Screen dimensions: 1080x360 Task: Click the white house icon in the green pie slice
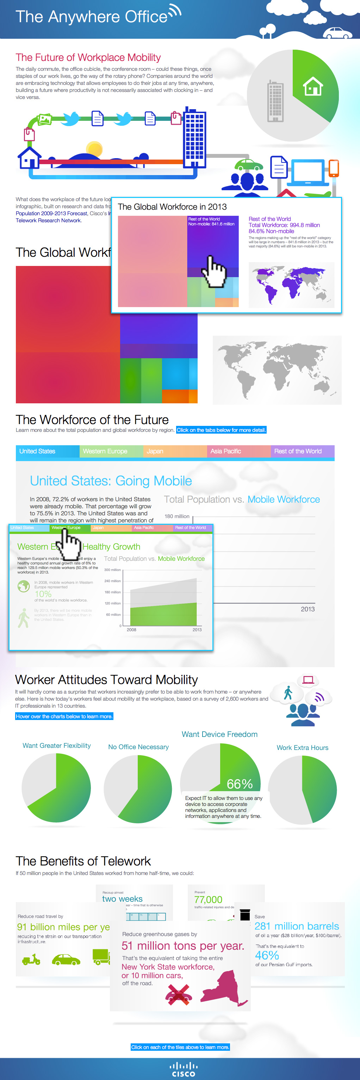point(313,86)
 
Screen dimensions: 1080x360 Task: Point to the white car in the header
point(338,33)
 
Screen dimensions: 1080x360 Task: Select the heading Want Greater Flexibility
point(57,745)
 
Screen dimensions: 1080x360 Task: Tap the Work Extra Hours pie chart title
point(302,747)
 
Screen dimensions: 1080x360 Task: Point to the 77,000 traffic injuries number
point(208,900)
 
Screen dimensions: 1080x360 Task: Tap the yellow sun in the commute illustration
point(94,149)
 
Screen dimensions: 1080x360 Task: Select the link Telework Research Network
point(48,221)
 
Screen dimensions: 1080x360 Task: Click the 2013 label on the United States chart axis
point(307,609)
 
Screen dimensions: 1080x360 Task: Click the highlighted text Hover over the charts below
point(64,716)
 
